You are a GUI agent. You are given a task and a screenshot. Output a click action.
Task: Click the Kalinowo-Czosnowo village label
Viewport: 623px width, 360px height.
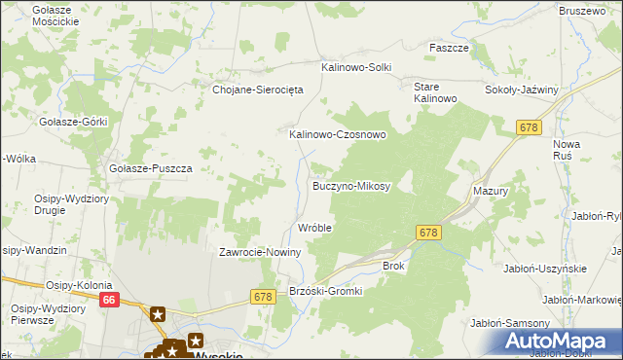(x=337, y=134)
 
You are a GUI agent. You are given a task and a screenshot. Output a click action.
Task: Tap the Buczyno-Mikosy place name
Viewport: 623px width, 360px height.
(x=350, y=185)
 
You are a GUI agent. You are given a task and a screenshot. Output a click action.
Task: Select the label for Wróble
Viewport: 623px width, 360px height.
(x=314, y=228)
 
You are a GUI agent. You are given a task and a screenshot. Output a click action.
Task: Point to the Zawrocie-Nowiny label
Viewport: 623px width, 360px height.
(x=260, y=252)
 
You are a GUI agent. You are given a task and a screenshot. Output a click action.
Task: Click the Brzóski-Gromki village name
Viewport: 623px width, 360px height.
(x=326, y=291)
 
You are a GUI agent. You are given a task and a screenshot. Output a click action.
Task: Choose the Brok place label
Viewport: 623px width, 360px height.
(x=392, y=265)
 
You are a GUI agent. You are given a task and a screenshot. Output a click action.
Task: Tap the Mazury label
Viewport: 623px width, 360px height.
(x=491, y=192)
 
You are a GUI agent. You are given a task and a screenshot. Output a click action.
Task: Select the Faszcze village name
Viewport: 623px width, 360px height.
(x=450, y=47)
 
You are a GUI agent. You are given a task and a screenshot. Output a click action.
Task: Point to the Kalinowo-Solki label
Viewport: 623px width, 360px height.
(x=356, y=67)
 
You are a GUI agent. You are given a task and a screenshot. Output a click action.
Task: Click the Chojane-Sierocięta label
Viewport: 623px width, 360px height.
(x=259, y=89)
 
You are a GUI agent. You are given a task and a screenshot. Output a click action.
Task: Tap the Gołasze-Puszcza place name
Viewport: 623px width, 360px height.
(x=151, y=167)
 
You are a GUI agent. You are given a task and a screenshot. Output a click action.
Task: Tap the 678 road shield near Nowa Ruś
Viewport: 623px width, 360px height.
(x=529, y=127)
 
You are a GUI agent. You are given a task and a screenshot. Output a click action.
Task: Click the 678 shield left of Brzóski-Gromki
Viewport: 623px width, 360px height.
(x=262, y=296)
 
